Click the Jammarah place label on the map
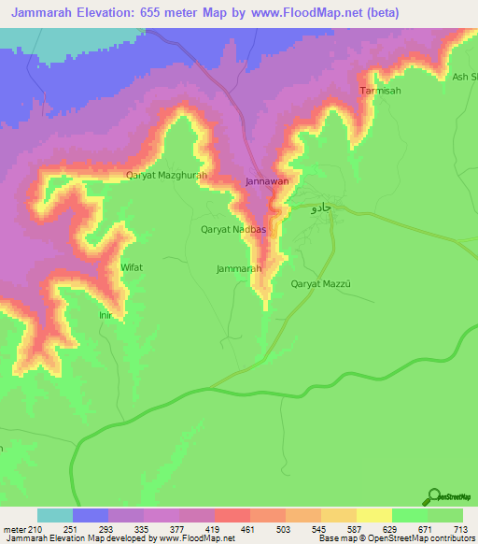pyautogui.click(x=237, y=268)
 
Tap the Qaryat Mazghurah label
pyautogui.click(x=165, y=175)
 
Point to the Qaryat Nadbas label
pyautogui.click(x=234, y=229)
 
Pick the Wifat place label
pyautogui.click(x=132, y=267)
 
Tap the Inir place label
pyautogui.click(x=105, y=315)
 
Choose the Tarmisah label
pyautogui.click(x=380, y=91)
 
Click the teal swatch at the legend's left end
pyautogui.click(x=55, y=516)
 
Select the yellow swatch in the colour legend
pyautogui.click(x=373, y=516)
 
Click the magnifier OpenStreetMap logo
pyautogui.click(x=433, y=496)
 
